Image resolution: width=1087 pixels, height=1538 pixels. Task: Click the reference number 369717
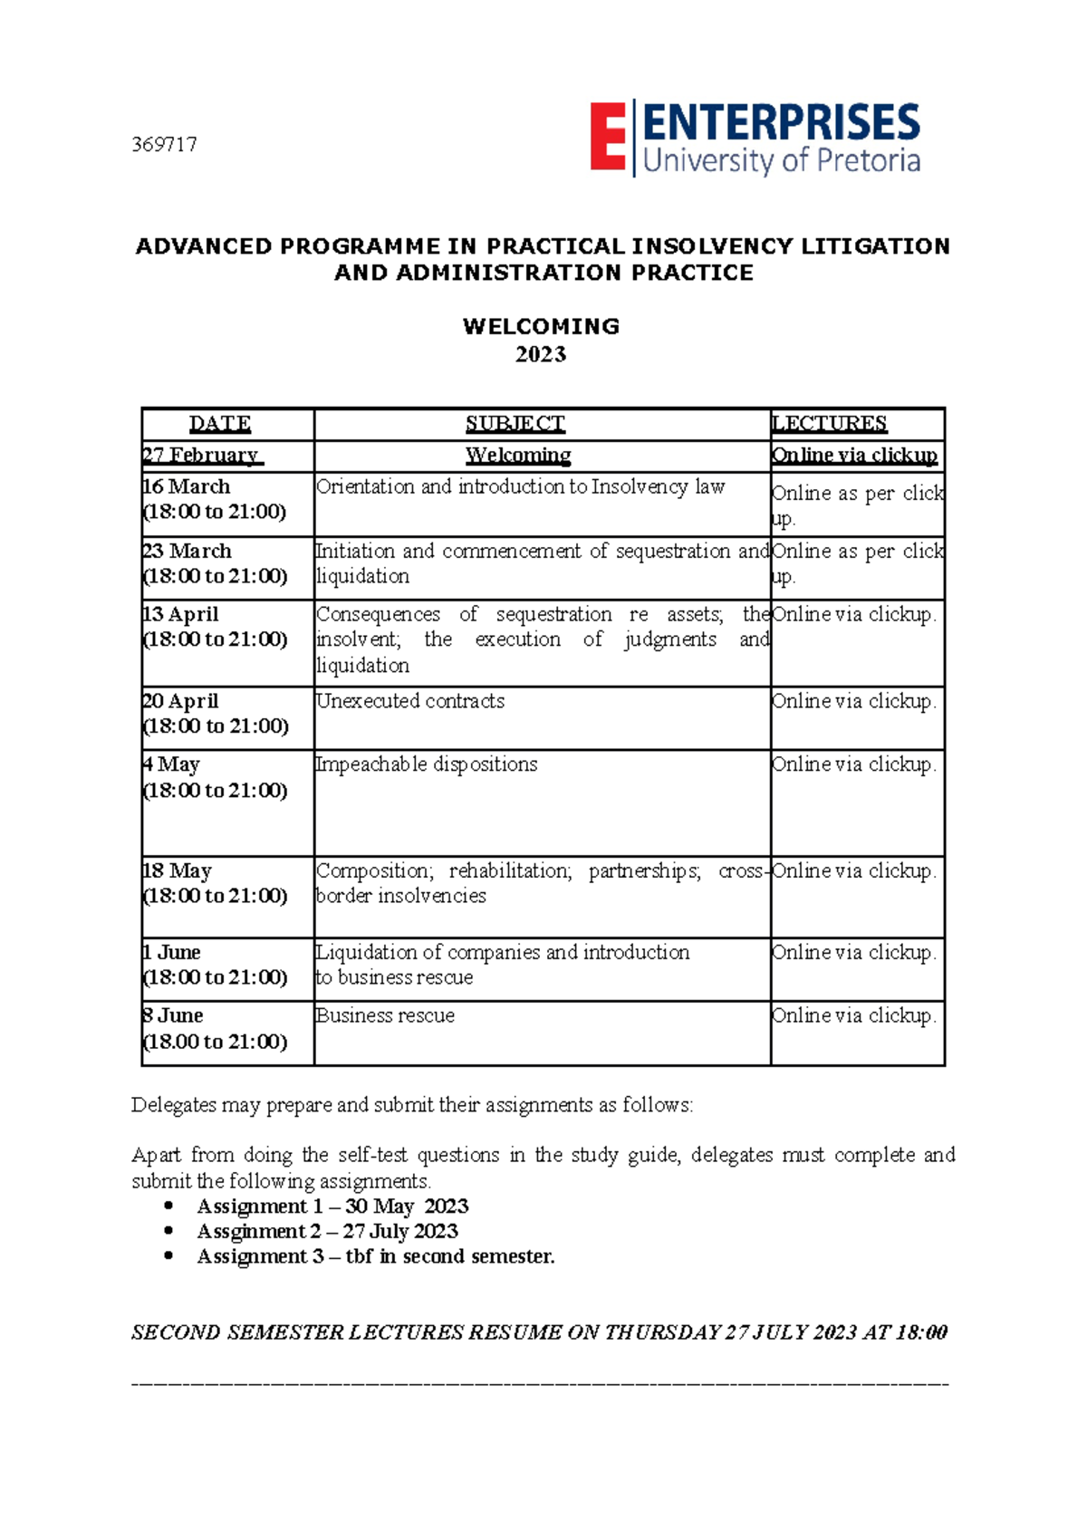164,145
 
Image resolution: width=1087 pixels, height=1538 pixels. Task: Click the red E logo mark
608,137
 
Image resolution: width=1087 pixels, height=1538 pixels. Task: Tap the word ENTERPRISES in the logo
782,123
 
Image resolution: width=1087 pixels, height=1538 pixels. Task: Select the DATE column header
220,424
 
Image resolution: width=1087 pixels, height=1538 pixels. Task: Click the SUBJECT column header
515,424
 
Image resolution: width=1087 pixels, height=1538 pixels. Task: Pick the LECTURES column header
829,424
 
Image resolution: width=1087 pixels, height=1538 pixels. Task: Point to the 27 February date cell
201,456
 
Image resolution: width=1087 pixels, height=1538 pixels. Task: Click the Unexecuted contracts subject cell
410,701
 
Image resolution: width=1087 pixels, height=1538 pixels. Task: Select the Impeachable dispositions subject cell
427,764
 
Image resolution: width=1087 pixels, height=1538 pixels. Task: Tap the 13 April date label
181,614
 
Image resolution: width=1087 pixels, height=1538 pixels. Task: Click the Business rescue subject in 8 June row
385,1015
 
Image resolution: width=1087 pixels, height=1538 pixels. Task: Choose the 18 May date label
178,871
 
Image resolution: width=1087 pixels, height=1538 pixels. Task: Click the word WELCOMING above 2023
541,327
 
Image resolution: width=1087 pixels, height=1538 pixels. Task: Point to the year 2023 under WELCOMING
541,354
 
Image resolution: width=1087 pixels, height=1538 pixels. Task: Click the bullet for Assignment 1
168,1206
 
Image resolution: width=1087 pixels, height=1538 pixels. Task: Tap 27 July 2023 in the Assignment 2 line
400,1232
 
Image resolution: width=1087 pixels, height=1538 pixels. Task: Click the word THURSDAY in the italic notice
662,1332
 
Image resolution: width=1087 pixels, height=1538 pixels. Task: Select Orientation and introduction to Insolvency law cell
521,487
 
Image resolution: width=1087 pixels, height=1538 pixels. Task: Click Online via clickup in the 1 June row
853,953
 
